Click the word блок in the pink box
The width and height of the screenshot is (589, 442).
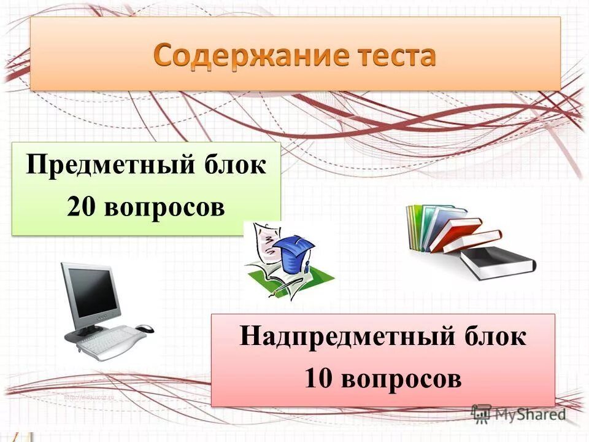tap(494, 337)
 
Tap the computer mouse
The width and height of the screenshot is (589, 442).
tap(145, 328)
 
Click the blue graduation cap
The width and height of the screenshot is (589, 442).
tap(293, 252)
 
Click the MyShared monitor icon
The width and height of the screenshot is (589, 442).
tap(482, 413)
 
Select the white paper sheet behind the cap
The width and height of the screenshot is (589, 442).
tap(264, 242)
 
